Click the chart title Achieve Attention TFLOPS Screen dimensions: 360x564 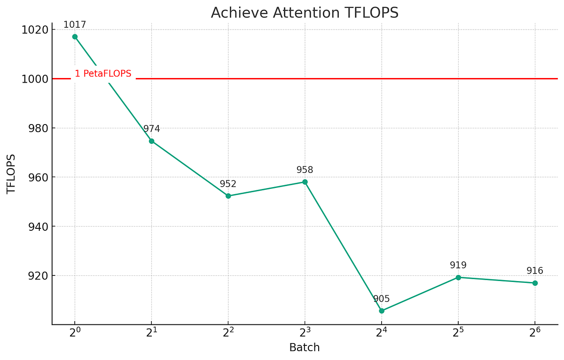click(x=305, y=13)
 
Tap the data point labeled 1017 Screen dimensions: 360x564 click(x=75, y=37)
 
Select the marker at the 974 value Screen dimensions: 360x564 click(x=151, y=141)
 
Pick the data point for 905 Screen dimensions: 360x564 click(x=382, y=311)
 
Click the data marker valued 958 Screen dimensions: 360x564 click(x=305, y=182)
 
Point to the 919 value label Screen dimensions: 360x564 click(x=458, y=266)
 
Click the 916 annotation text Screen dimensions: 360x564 click(x=535, y=271)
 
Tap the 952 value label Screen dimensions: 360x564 click(x=228, y=184)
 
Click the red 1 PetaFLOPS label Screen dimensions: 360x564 click(x=103, y=74)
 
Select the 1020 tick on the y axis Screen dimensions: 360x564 click(x=35, y=30)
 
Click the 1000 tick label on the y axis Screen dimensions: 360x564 click(x=35, y=79)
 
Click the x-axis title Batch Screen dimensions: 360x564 click(x=305, y=348)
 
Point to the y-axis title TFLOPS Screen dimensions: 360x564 click(x=11, y=174)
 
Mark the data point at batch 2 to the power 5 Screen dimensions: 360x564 click(x=458, y=277)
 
